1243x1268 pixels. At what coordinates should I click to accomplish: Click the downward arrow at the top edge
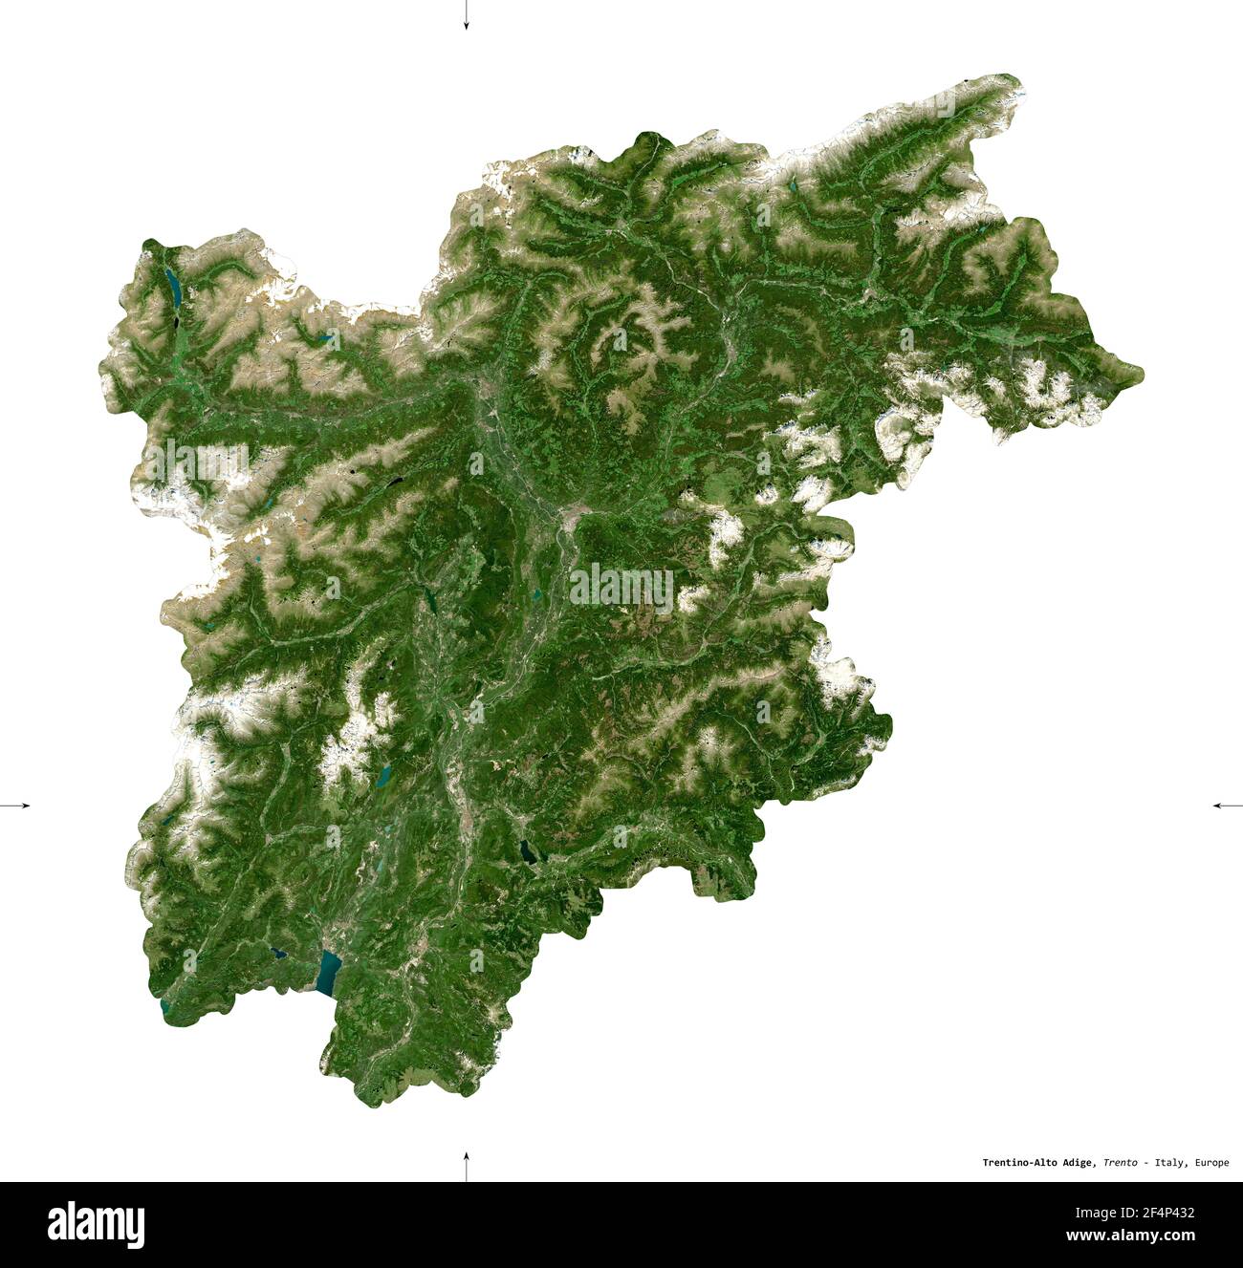pos(466,17)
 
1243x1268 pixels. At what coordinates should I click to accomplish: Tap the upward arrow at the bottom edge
pos(466,1165)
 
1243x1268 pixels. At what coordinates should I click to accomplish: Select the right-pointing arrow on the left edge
pos(17,806)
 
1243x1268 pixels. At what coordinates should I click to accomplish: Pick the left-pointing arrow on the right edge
pos(1226,806)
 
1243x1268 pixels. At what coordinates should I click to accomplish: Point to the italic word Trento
pos(1120,1163)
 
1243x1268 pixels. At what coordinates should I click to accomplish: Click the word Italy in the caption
pos(1170,1163)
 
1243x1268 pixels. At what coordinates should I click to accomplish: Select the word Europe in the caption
pos(1210,1163)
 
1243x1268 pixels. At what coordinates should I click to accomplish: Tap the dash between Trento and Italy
pos(1147,1163)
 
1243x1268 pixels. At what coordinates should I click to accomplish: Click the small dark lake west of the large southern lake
pos(277,952)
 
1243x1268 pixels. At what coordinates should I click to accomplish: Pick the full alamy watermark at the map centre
pos(621,587)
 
